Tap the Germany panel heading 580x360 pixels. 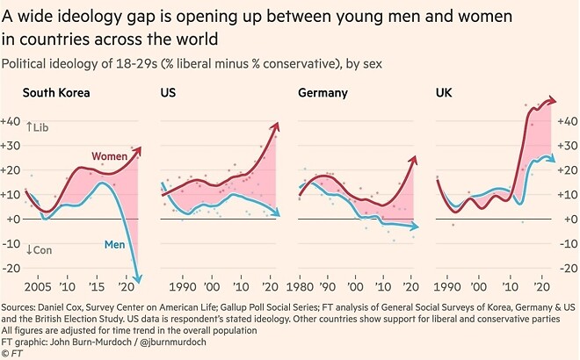(323, 92)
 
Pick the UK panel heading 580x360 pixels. (445, 92)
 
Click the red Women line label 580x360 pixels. (110, 155)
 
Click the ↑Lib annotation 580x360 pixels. (39, 128)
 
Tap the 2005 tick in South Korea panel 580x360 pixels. (38, 286)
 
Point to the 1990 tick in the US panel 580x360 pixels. (182, 286)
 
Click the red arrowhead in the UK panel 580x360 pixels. (553, 101)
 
